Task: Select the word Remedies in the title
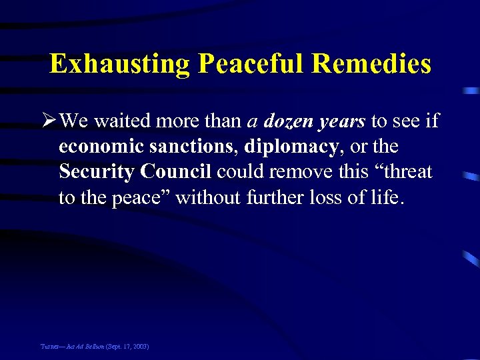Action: [371, 65]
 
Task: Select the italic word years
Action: [342, 122]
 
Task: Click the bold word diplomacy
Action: [291, 147]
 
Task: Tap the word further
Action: [286, 197]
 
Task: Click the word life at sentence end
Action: [387, 197]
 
